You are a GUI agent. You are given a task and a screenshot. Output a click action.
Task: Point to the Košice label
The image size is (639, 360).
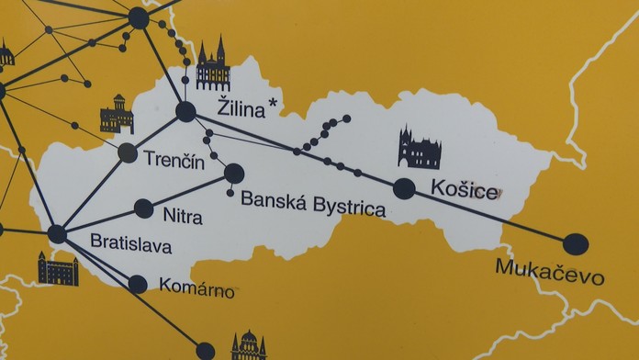pos(466,191)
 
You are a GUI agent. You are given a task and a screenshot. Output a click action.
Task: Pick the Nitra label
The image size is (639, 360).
pos(181,218)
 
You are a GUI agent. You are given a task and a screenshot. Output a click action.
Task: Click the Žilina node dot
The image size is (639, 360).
pos(186,112)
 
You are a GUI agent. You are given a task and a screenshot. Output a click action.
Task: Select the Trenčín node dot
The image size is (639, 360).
pos(128,153)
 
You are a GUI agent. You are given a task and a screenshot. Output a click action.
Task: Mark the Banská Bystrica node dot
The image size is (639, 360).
pos(234,173)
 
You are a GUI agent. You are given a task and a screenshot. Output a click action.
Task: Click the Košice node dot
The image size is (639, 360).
pos(404,189)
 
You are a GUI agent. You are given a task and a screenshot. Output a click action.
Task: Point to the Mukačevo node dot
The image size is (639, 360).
pos(576,244)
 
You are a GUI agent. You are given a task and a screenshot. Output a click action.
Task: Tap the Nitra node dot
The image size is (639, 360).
pos(144,208)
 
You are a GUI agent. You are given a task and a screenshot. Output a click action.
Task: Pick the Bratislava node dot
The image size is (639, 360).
pos(57,234)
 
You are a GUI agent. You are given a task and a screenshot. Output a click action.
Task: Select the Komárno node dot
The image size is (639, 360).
pos(137,284)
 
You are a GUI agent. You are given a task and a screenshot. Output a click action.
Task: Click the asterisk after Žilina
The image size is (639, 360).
pos(274,104)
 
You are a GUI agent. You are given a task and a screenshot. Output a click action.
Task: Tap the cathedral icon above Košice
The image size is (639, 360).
pos(419,149)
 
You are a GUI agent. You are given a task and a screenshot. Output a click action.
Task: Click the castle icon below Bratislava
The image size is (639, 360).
pos(58,269)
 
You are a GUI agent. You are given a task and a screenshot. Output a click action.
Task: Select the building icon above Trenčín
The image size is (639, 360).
pos(117,115)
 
